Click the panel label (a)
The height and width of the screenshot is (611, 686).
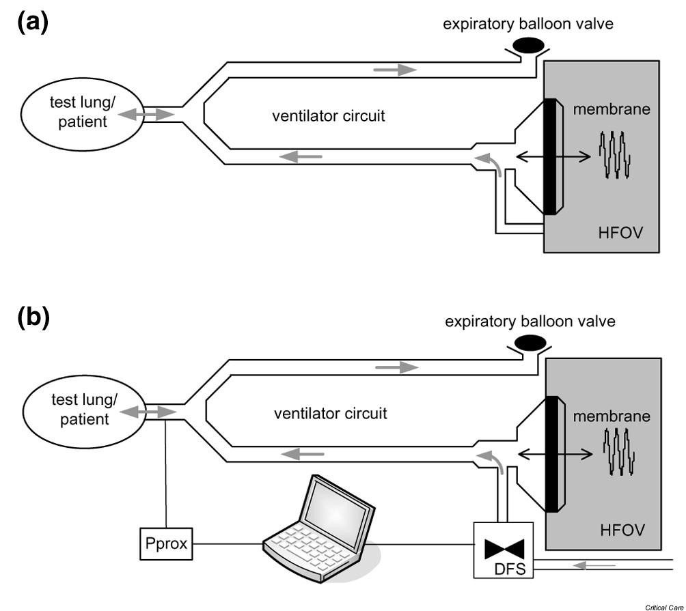[33, 23]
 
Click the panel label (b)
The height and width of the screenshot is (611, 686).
[33, 318]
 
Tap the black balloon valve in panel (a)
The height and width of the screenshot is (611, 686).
[525, 44]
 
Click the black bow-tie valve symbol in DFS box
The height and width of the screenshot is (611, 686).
[504, 548]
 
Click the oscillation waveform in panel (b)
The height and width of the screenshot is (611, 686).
[619, 451]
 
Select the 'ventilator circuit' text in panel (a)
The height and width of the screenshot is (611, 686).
[328, 116]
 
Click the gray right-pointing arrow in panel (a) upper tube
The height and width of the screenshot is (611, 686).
[395, 70]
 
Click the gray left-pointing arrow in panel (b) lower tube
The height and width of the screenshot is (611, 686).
[303, 453]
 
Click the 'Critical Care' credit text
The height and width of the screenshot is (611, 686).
[662, 606]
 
